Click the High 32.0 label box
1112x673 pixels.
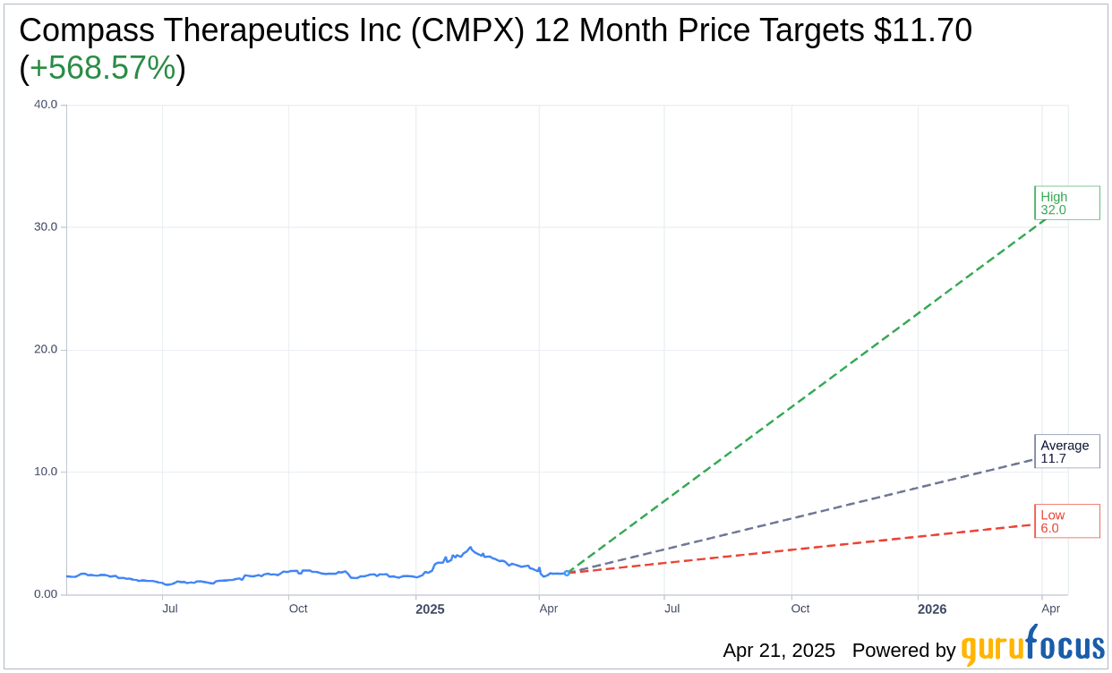pos(1066,203)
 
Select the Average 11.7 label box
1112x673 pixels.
pos(1066,452)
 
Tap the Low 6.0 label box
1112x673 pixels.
pos(1066,521)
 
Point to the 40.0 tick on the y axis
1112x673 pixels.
pos(46,105)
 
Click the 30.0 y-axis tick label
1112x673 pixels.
pos(46,227)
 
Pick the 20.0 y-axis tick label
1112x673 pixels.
pos(46,350)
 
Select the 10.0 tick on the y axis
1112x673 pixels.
pos(46,473)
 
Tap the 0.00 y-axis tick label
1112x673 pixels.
pos(45,594)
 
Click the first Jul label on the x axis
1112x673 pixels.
pos(170,609)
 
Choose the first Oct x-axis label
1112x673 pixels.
pos(298,609)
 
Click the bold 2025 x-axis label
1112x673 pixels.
pos(430,609)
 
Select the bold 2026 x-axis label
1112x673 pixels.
pos(932,609)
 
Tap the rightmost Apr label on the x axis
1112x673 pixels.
pos(1051,609)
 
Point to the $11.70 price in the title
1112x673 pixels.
pos(923,31)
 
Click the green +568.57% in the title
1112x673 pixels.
pos(102,69)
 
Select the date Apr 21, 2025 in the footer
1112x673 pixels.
pos(779,651)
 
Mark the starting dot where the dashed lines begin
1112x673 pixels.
pos(567,573)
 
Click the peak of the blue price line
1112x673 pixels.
pos(470,548)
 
